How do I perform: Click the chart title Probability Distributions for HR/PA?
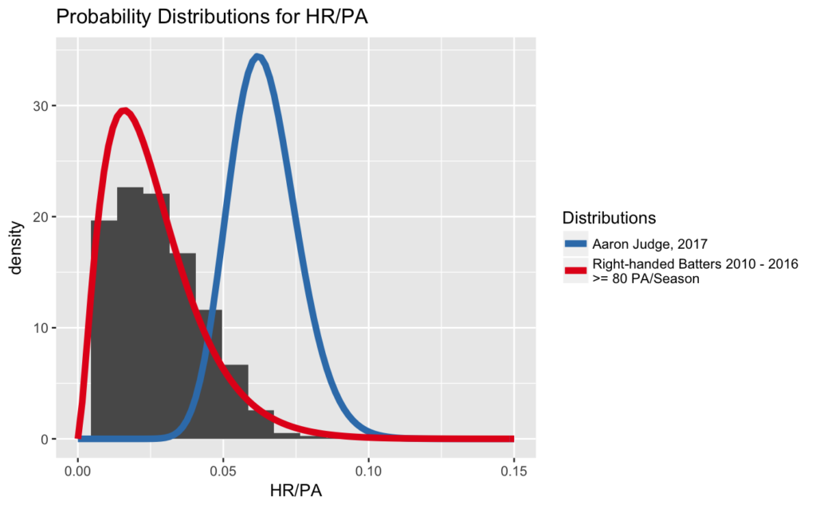pyautogui.click(x=212, y=17)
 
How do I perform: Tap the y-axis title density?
pyautogui.click(x=17, y=247)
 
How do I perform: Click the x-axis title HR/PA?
pyautogui.click(x=296, y=490)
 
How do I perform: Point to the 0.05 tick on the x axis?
pyautogui.click(x=223, y=471)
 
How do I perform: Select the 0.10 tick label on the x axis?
pyautogui.click(x=368, y=471)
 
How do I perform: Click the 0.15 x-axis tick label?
pyautogui.click(x=514, y=471)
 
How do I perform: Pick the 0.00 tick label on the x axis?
pyautogui.click(x=78, y=471)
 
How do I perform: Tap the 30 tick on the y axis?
pyautogui.click(x=41, y=106)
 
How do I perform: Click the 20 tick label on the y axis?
pyautogui.click(x=41, y=217)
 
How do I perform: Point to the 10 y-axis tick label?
pyautogui.click(x=41, y=328)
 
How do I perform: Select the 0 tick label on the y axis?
pyautogui.click(x=45, y=440)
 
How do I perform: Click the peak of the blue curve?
pyautogui.click(x=257, y=57)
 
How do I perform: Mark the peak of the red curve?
pyautogui.click(x=124, y=111)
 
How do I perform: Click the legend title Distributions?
pyautogui.click(x=609, y=218)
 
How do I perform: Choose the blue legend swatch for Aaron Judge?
pyautogui.click(x=575, y=244)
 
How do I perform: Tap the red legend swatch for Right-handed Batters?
pyautogui.click(x=575, y=270)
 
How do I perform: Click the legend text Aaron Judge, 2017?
pyautogui.click(x=650, y=244)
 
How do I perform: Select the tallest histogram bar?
pyautogui.click(x=130, y=313)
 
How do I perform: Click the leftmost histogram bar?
pyautogui.click(x=104, y=329)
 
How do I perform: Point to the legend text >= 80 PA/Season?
pyautogui.click(x=645, y=278)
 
